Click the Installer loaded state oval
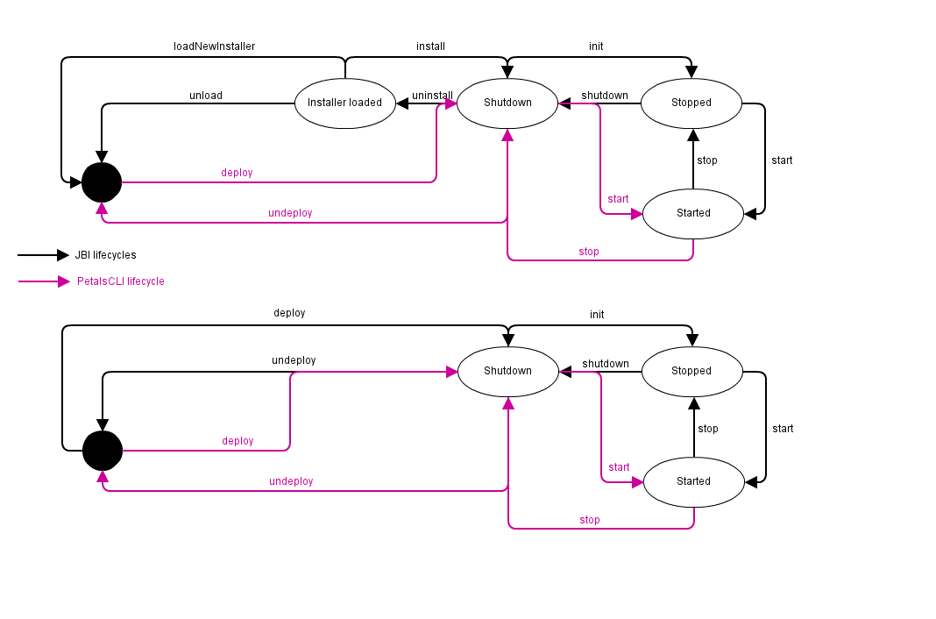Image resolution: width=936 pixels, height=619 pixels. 344,103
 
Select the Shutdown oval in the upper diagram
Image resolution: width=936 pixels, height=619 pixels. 507,103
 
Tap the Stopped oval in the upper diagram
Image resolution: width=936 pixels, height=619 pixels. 691,103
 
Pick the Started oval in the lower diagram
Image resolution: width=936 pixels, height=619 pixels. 693,481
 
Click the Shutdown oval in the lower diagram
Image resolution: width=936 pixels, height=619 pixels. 507,371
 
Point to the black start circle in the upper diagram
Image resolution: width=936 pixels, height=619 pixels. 102,182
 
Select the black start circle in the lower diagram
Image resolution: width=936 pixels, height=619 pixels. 103,451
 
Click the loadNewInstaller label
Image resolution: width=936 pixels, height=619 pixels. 214,46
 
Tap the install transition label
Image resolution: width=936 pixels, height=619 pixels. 430,46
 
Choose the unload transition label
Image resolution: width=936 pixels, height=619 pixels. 206,96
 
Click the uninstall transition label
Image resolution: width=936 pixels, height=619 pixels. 432,96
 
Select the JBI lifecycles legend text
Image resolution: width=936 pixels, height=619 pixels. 105,255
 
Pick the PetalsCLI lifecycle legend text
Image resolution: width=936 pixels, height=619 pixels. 120,281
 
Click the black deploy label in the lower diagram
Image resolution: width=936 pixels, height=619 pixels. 289,313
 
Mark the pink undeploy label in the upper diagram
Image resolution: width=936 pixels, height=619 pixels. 290,213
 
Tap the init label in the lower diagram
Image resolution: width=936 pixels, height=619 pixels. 597,315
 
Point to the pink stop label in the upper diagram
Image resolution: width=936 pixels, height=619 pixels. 589,252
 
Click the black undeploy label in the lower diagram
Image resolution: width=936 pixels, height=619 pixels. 294,360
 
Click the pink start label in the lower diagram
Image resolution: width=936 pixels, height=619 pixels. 619,467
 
